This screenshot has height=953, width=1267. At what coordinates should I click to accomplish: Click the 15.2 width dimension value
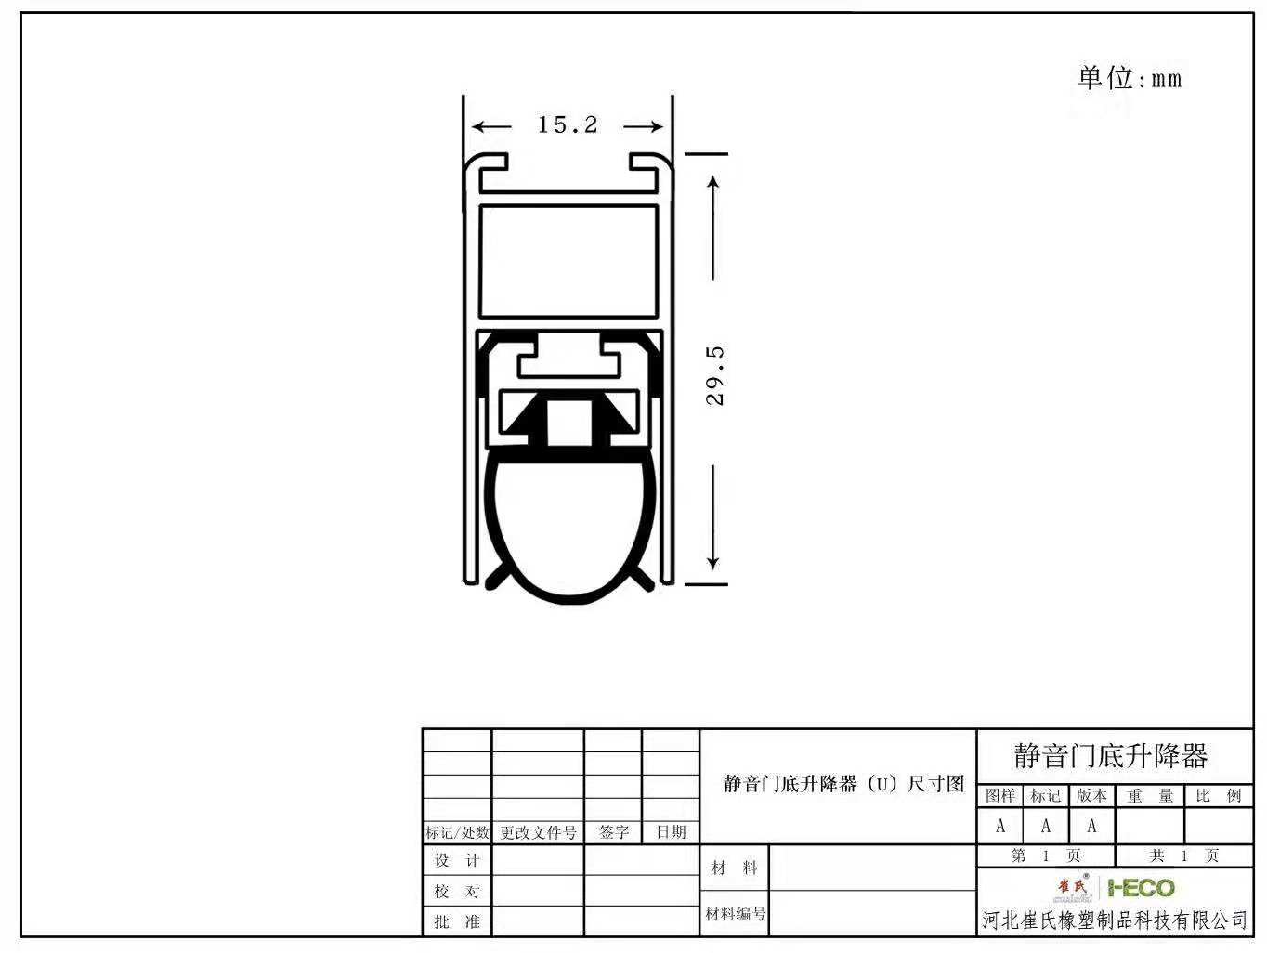(568, 124)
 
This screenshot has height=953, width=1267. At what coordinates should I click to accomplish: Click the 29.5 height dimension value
(714, 375)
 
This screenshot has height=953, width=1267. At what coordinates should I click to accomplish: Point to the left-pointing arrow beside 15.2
(491, 126)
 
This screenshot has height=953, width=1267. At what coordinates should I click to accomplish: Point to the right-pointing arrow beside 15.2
(644, 126)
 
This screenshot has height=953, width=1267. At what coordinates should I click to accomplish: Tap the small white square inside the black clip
(568, 424)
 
